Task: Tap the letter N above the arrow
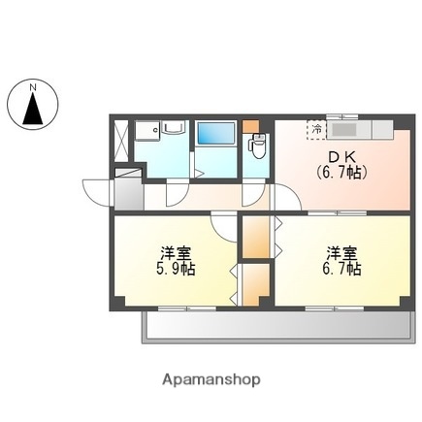point(33,87)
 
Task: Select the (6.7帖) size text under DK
point(339,172)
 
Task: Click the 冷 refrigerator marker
point(316,127)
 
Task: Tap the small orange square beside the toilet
point(252,126)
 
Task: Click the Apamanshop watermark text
point(211,380)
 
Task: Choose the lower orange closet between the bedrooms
point(254,284)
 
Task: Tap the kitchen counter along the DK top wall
point(359,127)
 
